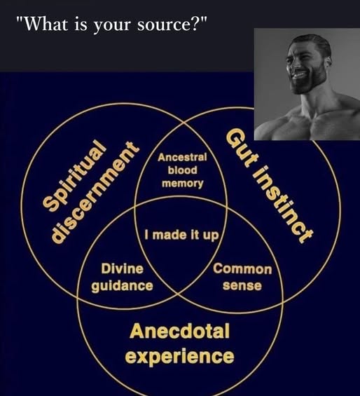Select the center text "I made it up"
click(x=182, y=235)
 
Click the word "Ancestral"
click(x=182, y=157)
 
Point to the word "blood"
click(x=183, y=170)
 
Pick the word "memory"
click(x=183, y=184)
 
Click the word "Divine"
click(x=122, y=268)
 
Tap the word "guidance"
click(x=122, y=286)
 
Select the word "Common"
click(x=242, y=269)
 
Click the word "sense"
click(x=242, y=286)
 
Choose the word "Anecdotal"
click(x=180, y=331)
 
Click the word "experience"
click(x=179, y=356)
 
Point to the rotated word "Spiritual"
click(x=74, y=175)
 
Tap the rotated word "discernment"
click(x=95, y=192)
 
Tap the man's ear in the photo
click(x=328, y=60)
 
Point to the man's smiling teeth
click(x=299, y=75)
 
